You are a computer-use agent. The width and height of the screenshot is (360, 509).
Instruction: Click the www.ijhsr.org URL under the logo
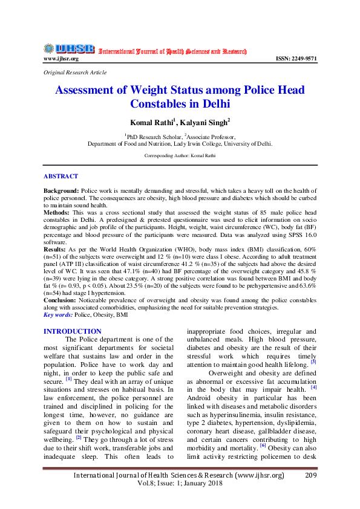(x=61, y=59)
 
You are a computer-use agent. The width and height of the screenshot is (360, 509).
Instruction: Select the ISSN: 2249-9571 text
(x=296, y=59)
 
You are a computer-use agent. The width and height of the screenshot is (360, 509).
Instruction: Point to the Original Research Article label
(x=75, y=73)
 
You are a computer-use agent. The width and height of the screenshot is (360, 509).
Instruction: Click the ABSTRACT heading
(x=61, y=176)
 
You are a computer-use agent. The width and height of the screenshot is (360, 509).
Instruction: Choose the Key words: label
(x=58, y=315)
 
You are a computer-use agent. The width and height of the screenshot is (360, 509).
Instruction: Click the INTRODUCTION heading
(x=73, y=331)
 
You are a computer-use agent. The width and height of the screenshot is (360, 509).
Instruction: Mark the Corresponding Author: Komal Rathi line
(x=180, y=155)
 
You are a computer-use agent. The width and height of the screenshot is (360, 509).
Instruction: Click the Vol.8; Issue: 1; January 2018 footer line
(x=179, y=484)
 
